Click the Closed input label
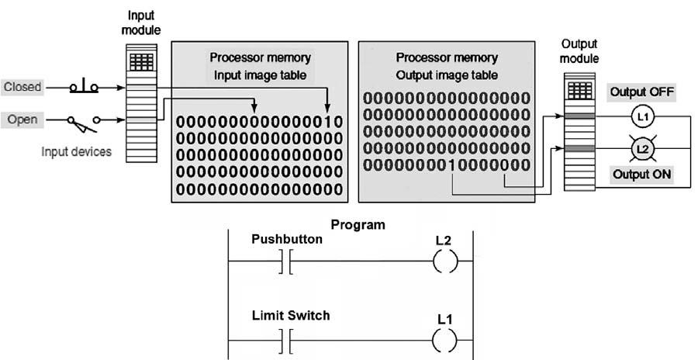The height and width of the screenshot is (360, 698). click(x=22, y=87)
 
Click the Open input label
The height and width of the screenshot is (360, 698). click(x=22, y=119)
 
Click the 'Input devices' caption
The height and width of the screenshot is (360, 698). click(x=76, y=152)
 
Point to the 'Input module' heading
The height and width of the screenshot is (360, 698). click(x=142, y=24)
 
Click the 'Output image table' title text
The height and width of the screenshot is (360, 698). click(x=447, y=74)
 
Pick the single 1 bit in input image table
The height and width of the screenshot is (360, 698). click(x=329, y=123)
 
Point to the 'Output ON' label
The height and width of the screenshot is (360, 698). click(x=641, y=175)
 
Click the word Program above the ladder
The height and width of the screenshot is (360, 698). click(x=358, y=225)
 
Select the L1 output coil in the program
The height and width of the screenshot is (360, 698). click(x=443, y=341)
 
